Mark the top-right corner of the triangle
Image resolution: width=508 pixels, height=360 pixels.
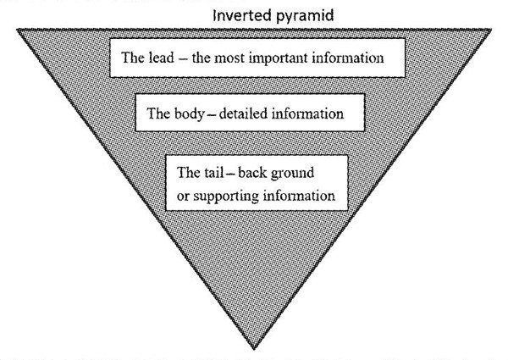(x=490, y=29)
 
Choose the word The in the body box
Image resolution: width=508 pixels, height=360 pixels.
(x=158, y=112)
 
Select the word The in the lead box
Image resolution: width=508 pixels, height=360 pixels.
(x=134, y=59)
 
